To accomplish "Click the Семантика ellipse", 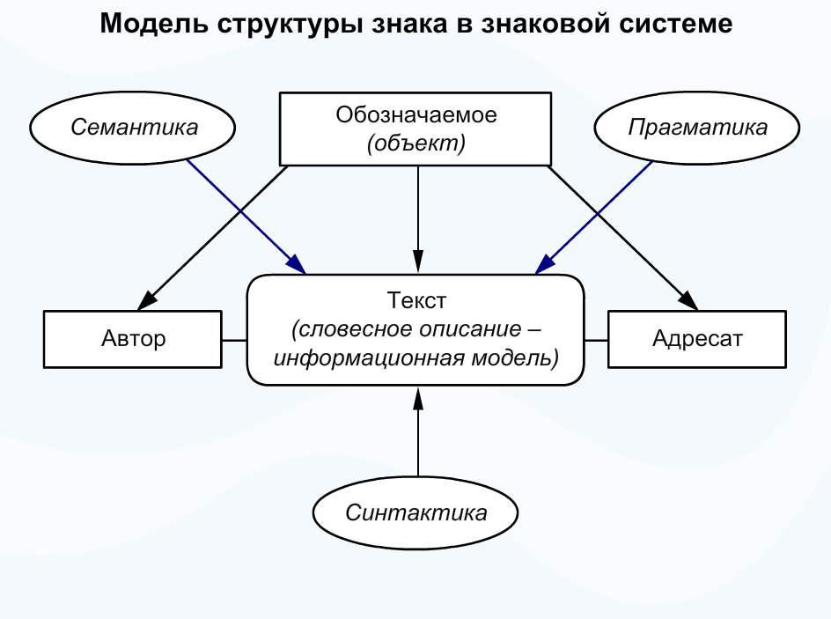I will pos(134,127).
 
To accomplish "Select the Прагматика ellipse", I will pos(697,127).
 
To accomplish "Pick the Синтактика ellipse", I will pos(415,512).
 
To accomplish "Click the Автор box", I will pos(133,338).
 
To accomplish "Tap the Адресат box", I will pos(697,338).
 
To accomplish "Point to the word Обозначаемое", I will pos(415,114).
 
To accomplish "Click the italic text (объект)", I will pos(415,143).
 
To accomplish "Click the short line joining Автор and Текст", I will pos(234,339).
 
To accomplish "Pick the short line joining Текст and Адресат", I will pos(597,339).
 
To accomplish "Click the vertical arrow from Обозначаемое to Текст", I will pos(417,220).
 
